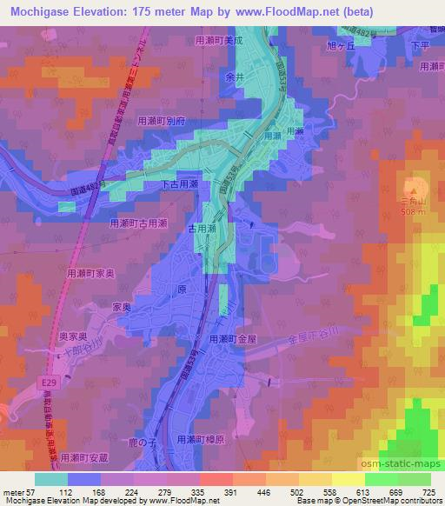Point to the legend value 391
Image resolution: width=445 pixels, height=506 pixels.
click(x=208, y=491)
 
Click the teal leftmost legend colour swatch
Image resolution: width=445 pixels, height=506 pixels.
click(x=50, y=478)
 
